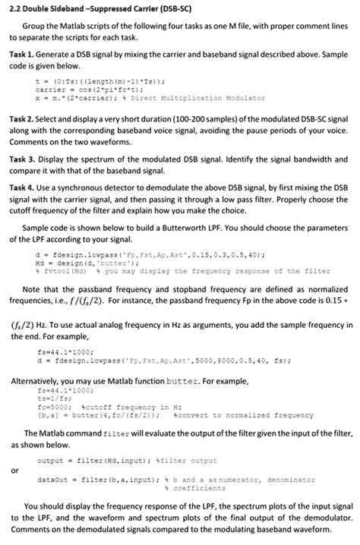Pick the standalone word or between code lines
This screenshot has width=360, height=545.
pos(14,471)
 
